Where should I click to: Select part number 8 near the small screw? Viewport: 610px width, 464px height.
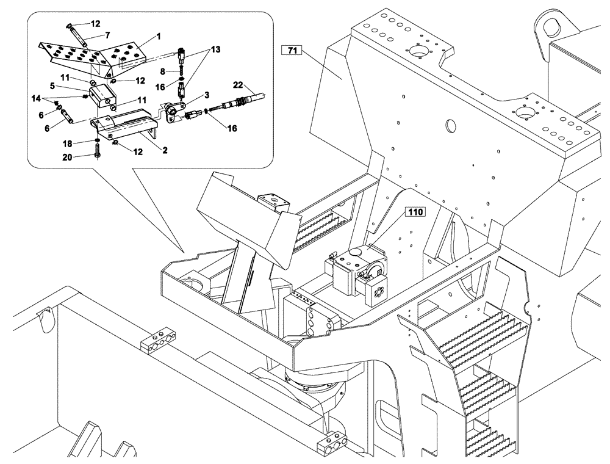pos(163,72)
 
